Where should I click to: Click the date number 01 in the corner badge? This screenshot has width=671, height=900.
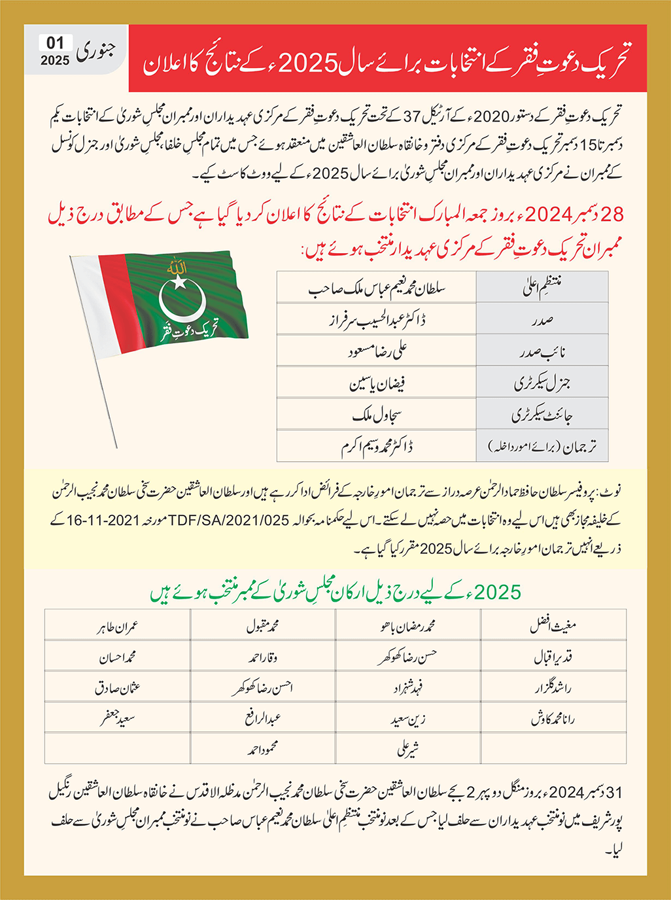coord(55,43)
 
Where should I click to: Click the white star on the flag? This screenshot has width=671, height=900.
coord(178,283)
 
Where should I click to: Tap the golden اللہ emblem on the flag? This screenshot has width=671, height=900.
coord(177,267)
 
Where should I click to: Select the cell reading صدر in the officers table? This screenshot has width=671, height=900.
coord(542,320)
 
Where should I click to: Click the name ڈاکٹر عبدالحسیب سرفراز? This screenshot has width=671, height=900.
coord(376,320)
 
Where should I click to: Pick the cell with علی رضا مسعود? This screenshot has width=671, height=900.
coord(377,351)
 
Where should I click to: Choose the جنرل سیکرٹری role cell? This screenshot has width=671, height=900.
coord(542,383)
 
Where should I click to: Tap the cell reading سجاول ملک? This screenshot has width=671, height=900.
coord(377,415)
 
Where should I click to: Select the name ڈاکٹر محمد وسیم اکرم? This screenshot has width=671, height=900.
coord(377,447)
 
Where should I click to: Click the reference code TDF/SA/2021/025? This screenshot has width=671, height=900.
coord(229,521)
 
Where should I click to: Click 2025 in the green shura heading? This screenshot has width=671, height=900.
coord(498,593)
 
